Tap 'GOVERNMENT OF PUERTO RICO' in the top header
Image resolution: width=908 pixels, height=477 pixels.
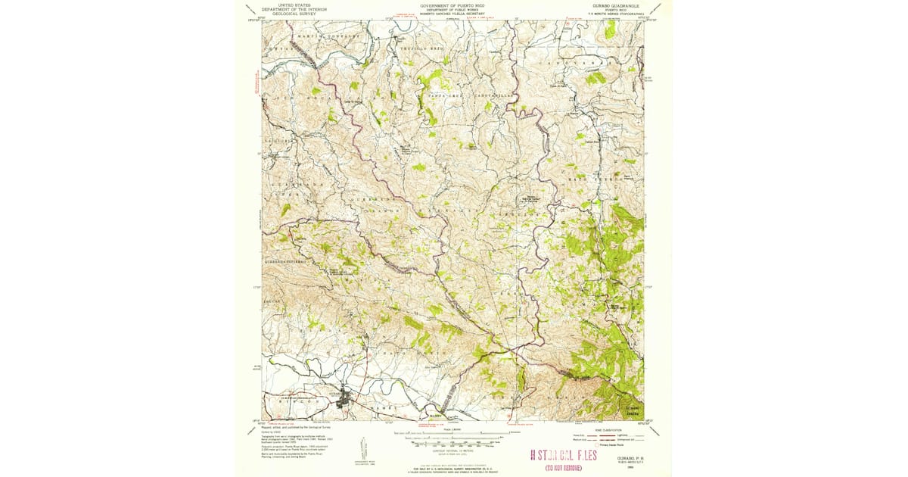[453, 5]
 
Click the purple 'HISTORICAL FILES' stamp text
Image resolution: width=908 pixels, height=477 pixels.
[568, 455]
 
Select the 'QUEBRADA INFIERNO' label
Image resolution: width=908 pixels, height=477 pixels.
[285, 260]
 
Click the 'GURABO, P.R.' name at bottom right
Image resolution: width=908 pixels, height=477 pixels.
[618, 458]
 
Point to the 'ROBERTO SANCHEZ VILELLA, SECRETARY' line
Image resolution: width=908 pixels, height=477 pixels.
[453, 14]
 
